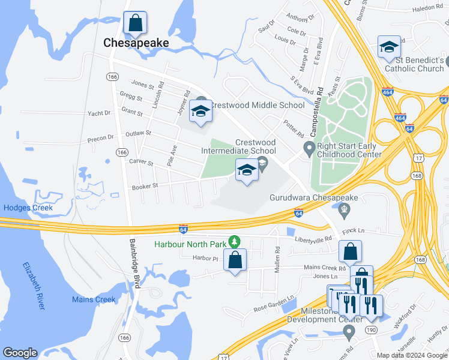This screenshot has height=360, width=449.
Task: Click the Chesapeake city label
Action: [136, 43]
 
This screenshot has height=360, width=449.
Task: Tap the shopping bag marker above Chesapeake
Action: [136, 24]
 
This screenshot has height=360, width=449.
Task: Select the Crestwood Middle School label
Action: [257, 105]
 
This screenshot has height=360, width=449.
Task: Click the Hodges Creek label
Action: [28, 208]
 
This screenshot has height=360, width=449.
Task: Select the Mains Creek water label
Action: [93, 299]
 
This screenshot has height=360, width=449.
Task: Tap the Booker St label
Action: [146, 186]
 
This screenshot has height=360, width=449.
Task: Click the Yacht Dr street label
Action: [99, 113]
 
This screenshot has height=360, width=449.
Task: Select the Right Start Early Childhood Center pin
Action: [309, 147]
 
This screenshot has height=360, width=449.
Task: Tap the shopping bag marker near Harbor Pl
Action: [235, 260]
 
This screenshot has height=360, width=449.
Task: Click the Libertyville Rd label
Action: [313, 239]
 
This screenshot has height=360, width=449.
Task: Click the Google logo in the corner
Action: [20, 353]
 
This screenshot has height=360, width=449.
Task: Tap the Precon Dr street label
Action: [100, 137]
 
